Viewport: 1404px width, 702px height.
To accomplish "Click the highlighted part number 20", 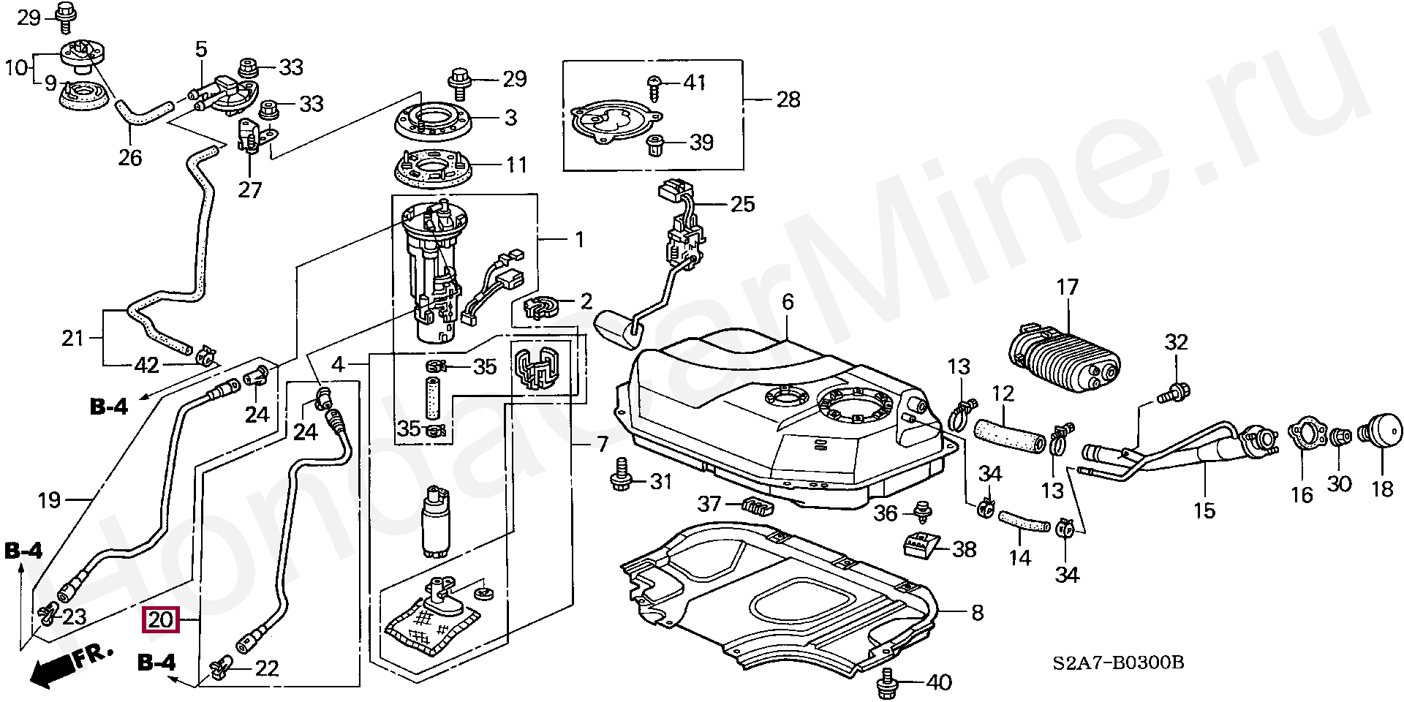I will (160, 621).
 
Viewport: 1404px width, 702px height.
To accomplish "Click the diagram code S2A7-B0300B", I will (1118, 663).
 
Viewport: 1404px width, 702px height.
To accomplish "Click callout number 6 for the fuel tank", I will (787, 301).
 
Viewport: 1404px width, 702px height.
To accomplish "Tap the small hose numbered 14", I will (1022, 522).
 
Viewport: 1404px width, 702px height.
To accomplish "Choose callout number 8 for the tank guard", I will (978, 612).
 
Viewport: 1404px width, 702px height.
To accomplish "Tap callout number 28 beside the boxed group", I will (788, 99).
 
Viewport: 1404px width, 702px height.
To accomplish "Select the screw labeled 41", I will (654, 86).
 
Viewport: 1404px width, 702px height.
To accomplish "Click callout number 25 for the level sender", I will (742, 203).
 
